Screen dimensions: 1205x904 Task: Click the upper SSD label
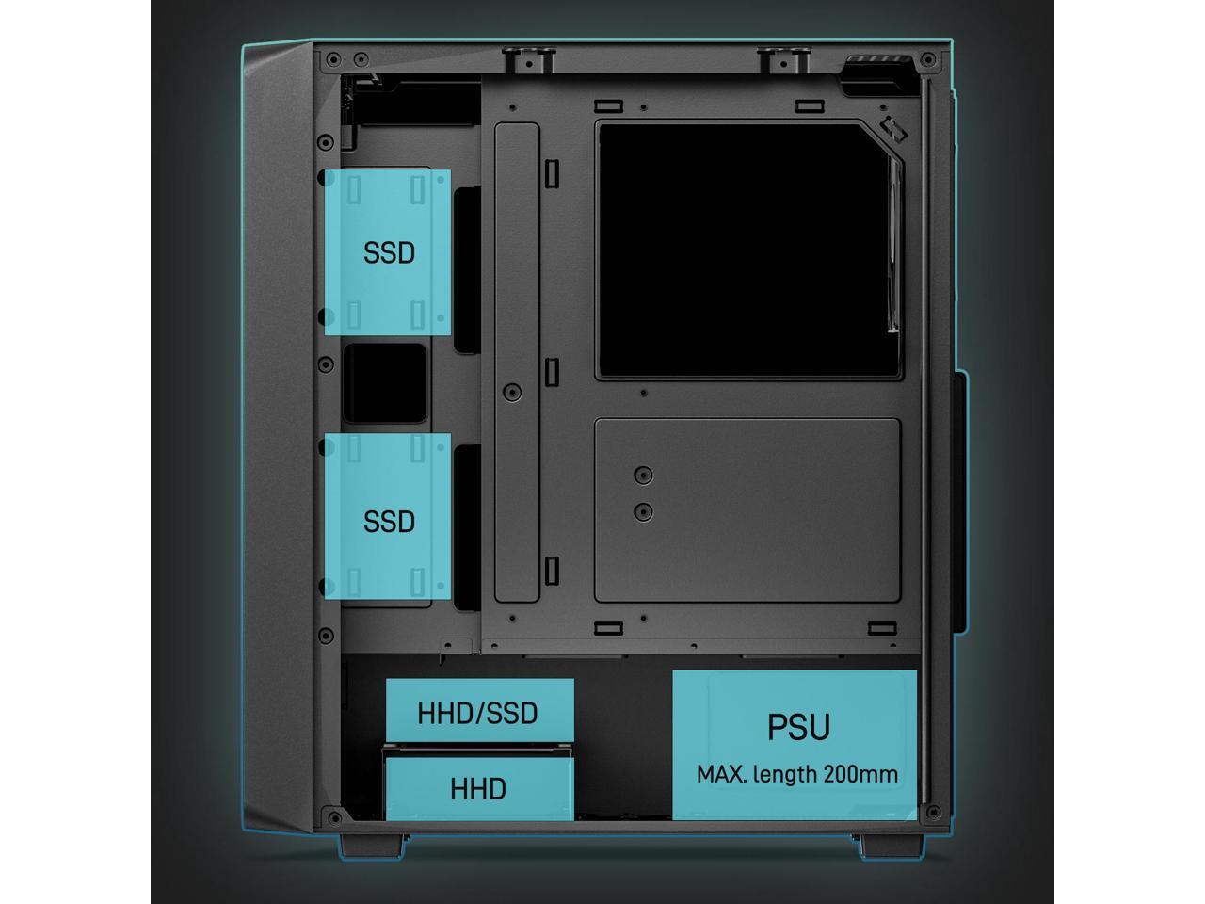(389, 253)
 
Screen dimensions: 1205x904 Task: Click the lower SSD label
(389, 521)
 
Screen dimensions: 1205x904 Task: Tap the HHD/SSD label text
(477, 713)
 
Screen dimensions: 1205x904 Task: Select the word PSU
(798, 727)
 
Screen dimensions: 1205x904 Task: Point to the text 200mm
(860, 775)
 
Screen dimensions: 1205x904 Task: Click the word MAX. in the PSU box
(722, 775)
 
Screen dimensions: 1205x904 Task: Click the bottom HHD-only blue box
(478, 789)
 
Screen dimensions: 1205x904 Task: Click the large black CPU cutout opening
(744, 250)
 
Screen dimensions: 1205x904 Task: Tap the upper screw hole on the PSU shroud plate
(644, 475)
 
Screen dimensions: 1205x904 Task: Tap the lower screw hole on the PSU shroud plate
(644, 512)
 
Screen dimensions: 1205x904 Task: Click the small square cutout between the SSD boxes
(385, 383)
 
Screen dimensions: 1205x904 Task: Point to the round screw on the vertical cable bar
(512, 392)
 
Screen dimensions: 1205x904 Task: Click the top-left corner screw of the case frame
(332, 61)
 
